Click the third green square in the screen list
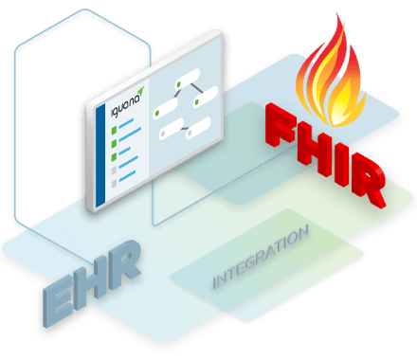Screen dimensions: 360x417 point(114,146)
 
